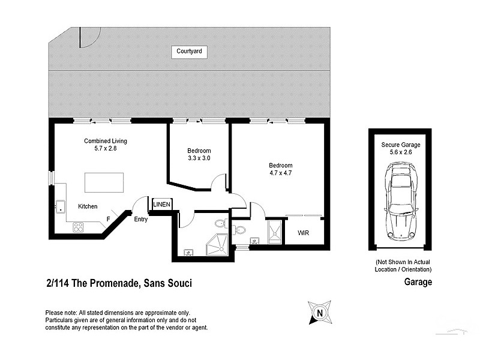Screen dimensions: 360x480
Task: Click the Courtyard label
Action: tap(189, 52)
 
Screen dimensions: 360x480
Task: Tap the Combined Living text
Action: tap(105, 141)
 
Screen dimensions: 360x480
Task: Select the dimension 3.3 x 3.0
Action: tap(199, 158)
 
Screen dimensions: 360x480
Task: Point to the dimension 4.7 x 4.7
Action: tap(280, 173)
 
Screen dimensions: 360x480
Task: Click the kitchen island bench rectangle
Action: tap(104, 182)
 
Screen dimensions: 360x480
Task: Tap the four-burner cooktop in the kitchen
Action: tap(78, 227)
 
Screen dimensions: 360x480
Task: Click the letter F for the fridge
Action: tap(108, 219)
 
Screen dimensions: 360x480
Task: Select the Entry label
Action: tap(140, 219)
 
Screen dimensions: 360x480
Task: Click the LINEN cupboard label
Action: tap(162, 205)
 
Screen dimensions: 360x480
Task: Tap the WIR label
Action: tap(303, 233)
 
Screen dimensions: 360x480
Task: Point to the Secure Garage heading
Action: tap(401, 145)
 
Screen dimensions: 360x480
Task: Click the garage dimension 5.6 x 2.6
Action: tap(401, 152)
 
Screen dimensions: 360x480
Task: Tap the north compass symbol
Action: tap(320, 312)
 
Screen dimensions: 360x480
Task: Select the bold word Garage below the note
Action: tap(418, 282)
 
